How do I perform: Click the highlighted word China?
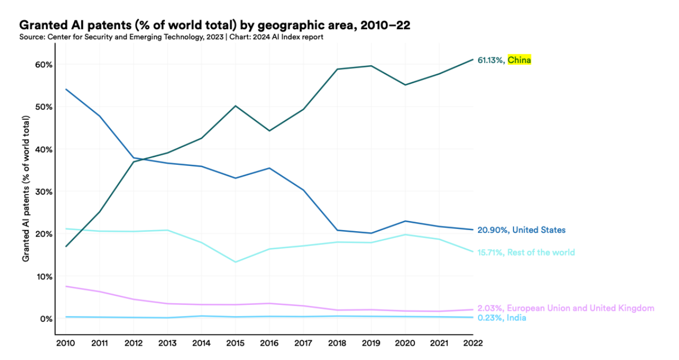[x=519, y=60]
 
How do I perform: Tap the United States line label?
[x=538, y=230]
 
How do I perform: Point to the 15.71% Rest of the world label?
[x=526, y=252]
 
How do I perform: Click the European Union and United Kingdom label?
[x=580, y=308]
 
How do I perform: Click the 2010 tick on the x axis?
[x=65, y=343]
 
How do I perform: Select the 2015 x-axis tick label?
[x=235, y=343]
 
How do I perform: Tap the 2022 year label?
[x=472, y=343]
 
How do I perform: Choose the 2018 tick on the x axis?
[x=337, y=343]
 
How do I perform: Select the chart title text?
[x=214, y=25]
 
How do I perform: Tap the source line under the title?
[x=171, y=37]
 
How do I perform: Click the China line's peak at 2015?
[x=235, y=106]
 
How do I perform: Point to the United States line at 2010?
[x=65, y=89]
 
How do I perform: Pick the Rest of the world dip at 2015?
[x=235, y=262]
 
